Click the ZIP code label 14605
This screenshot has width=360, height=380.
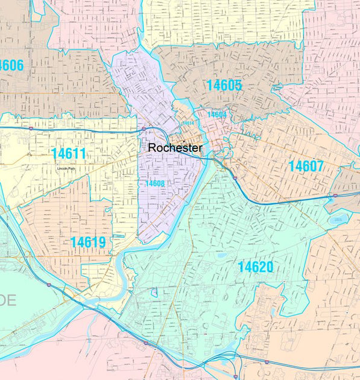click(224, 86)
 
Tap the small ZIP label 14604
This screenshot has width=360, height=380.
click(216, 115)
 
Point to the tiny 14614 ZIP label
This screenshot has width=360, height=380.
click(189, 123)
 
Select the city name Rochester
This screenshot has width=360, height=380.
click(175, 148)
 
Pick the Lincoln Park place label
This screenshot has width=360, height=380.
click(68, 168)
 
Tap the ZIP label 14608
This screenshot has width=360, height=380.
click(155, 183)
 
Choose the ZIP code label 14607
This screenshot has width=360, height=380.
click(306, 166)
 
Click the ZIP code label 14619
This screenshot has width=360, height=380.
click(88, 242)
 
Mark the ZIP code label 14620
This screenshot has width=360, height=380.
click(255, 267)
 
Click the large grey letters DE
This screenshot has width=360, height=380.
click(7, 300)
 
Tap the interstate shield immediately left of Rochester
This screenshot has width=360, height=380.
click(142, 128)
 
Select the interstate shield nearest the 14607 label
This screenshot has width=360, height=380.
click(335, 196)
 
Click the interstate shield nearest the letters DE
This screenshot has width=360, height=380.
click(48, 283)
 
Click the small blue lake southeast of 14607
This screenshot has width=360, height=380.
click(336, 220)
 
